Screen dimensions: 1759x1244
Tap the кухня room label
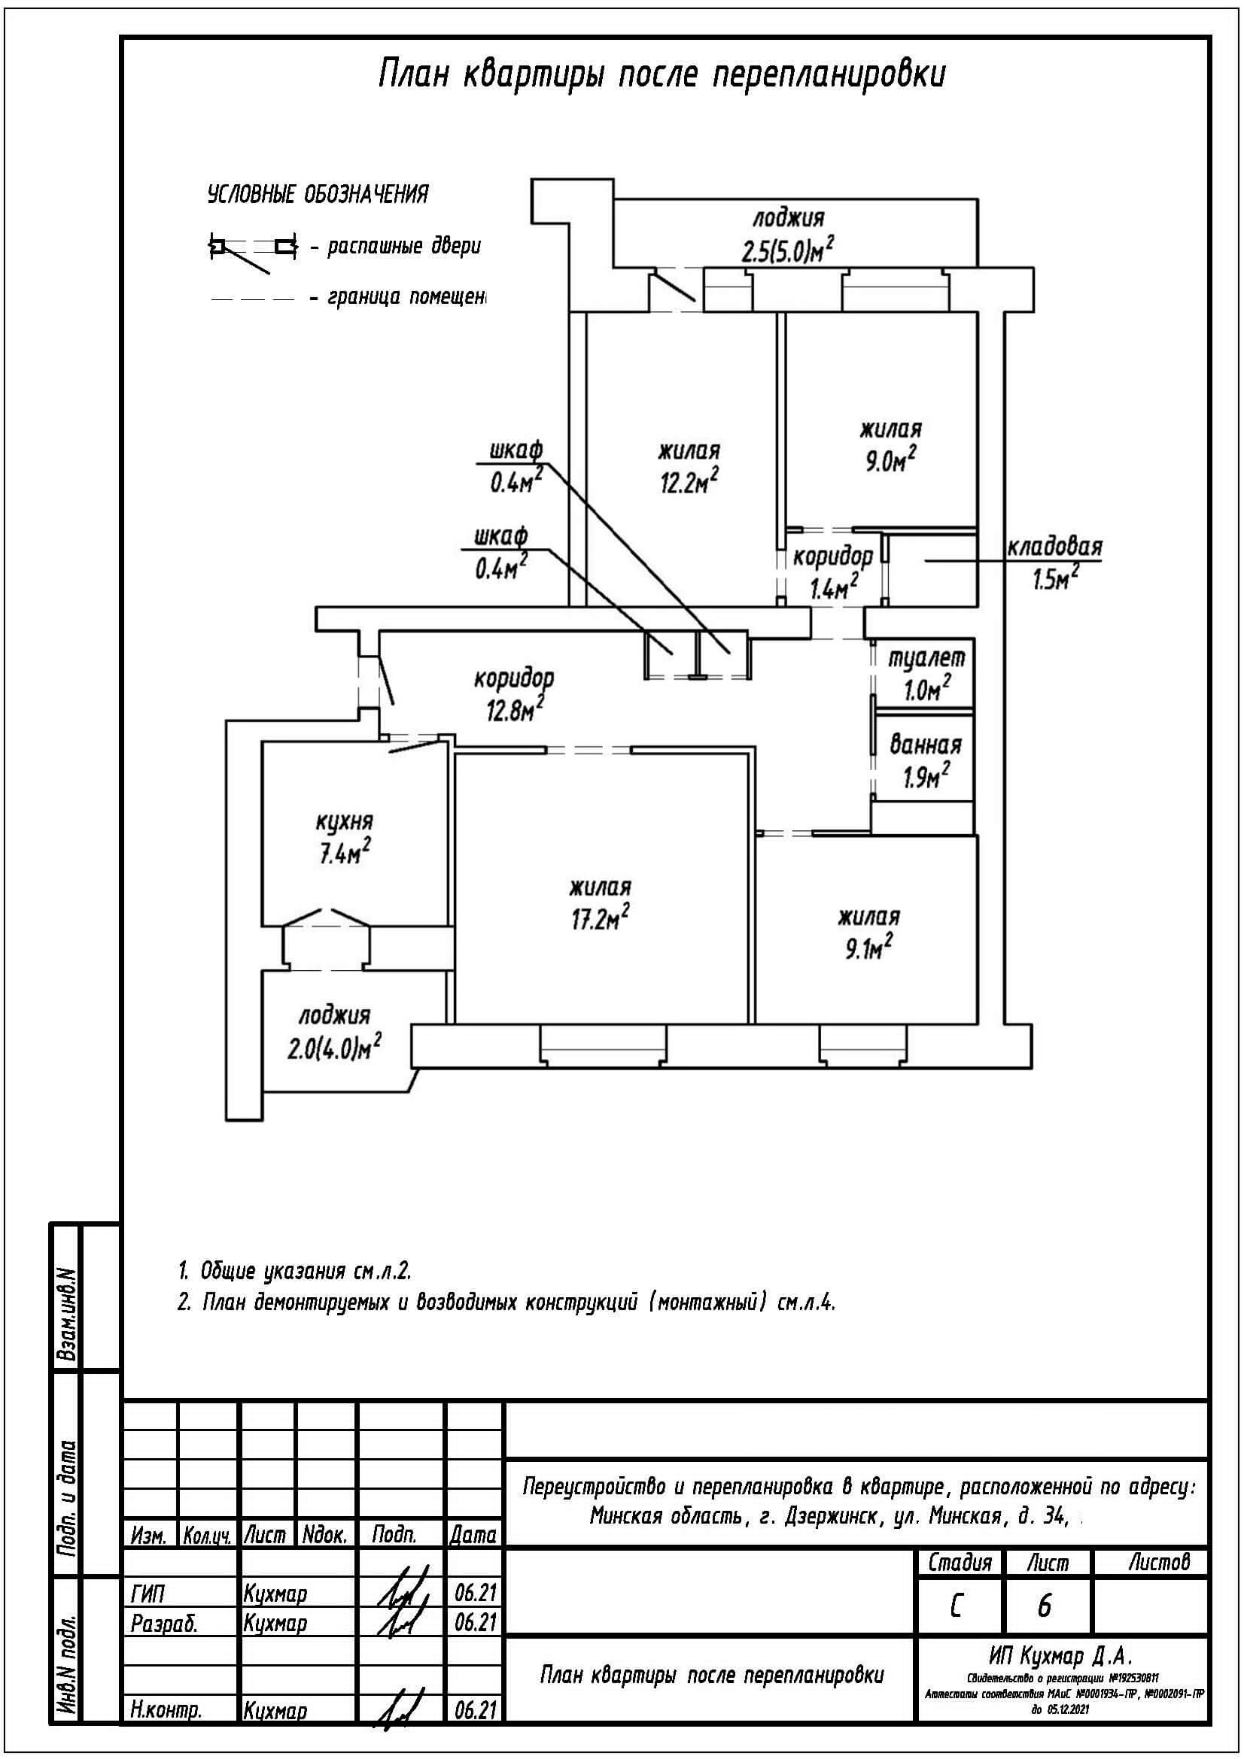pyautogui.click(x=344, y=822)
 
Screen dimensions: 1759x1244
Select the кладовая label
pyautogui.click(x=1054, y=547)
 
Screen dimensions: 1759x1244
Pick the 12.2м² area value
pyautogui.click(x=689, y=482)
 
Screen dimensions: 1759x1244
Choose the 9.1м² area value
pyautogui.click(x=868, y=949)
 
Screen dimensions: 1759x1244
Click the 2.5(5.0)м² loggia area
pyautogui.click(x=787, y=250)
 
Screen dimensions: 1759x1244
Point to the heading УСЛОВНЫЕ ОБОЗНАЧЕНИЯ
pyautogui.click(x=318, y=195)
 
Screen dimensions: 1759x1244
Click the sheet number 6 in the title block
pyautogui.click(x=1044, y=1606)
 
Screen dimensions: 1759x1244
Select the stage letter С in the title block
pyautogui.click(x=956, y=1606)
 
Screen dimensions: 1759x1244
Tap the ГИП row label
pyautogui.click(x=148, y=1594)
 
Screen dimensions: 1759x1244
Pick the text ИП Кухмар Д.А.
pyautogui.click(x=1060, y=1657)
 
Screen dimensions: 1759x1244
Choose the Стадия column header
pyautogui.click(x=959, y=1561)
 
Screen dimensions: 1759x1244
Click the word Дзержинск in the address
pyautogui.click(x=831, y=1515)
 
